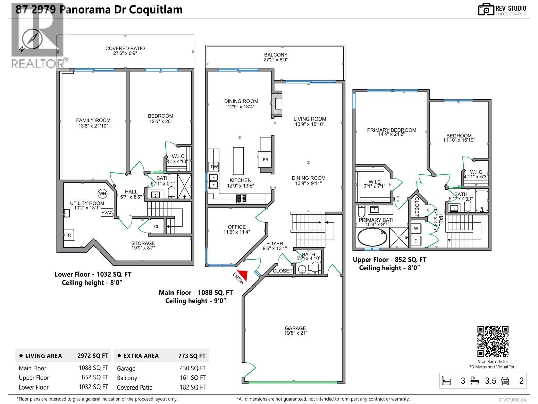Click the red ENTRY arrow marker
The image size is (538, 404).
coord(243,275)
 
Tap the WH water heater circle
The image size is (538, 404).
coord(102,194)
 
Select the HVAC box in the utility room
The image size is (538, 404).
coord(107,213)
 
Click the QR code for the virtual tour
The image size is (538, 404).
coord(493,341)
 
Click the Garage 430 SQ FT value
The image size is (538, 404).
coord(192,368)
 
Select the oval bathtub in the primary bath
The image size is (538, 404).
coord(372,237)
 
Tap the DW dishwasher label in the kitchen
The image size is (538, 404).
coord(214,167)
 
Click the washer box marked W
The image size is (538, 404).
coord(416,228)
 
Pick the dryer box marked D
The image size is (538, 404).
coord(416,241)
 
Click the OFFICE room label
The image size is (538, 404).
coord(237,227)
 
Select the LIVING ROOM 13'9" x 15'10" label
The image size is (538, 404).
coord(310,121)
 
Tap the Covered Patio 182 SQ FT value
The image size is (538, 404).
coord(192,387)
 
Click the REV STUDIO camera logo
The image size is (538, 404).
coord(486,9)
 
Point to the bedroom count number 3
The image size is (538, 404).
coord(463,381)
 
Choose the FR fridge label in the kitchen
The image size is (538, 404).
coord(266,160)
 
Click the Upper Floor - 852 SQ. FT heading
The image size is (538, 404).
coord(389,260)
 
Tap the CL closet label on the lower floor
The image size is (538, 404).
coord(157,227)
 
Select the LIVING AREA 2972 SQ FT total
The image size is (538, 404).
coord(93,356)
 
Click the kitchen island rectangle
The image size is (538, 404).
coord(238,161)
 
